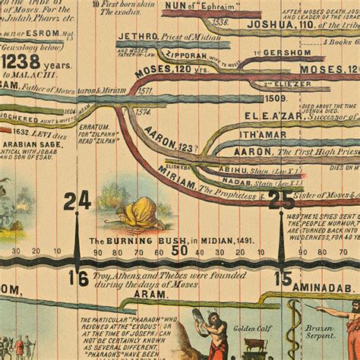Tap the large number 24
pos(77,201)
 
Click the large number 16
pos(77,277)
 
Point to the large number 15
pos(283,278)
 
